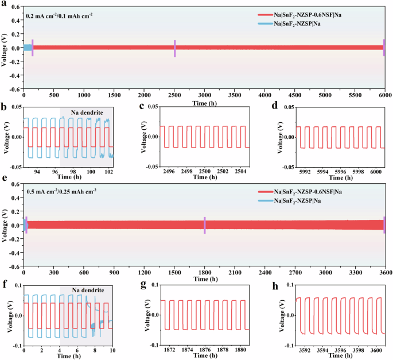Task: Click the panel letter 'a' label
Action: click(5, 3)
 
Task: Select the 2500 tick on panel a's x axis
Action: click(174, 95)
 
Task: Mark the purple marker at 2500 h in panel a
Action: click(174, 47)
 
